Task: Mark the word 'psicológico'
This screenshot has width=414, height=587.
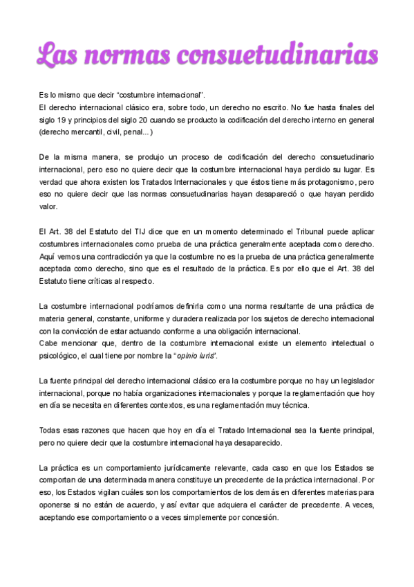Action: pos(62,355)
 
